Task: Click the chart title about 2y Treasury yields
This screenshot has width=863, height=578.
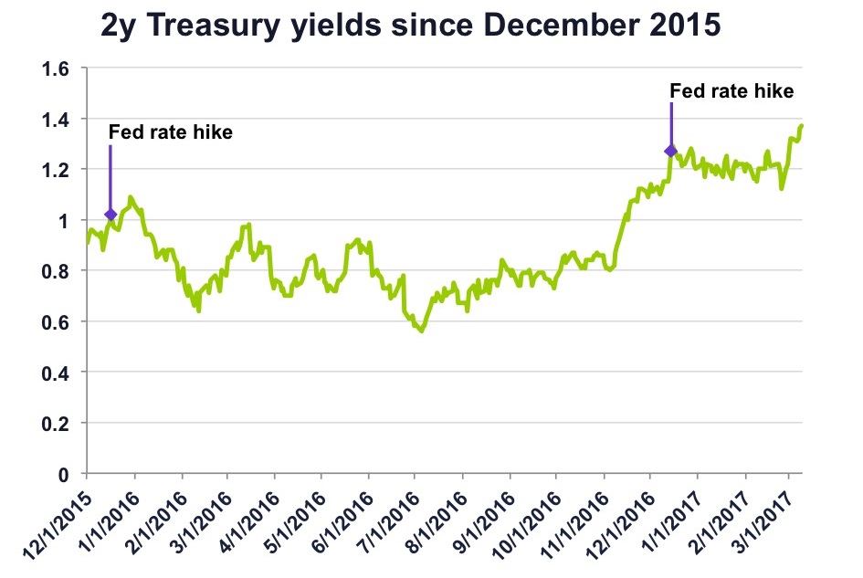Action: coord(411,26)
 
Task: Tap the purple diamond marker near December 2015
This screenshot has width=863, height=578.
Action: coord(111,215)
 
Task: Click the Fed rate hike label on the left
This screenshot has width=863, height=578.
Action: coord(171,131)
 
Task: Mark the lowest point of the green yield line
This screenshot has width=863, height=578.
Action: coord(421,331)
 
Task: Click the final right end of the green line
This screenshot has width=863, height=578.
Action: coord(802,125)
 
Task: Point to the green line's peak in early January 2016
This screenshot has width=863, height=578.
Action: coord(131,197)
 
